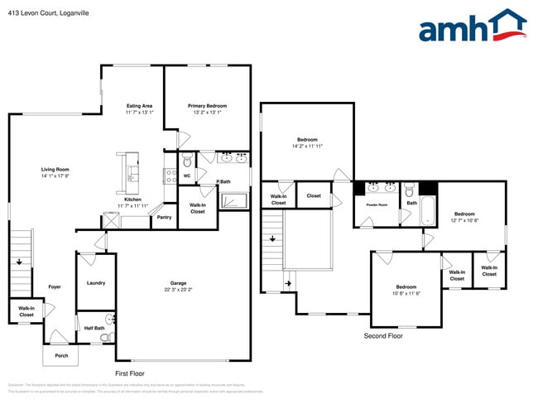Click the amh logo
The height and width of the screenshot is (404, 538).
pos(472,26)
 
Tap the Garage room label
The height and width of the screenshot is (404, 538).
pos(178,283)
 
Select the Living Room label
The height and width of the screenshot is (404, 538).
pos(55,169)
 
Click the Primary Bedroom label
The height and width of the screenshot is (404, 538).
pos(207,106)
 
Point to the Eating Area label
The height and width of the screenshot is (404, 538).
pos(138,106)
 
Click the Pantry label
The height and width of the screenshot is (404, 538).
pos(163,218)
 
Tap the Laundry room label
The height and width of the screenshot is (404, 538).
pos(96,283)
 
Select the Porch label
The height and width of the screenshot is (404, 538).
pos(61,355)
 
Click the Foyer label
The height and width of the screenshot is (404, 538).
pos(55,286)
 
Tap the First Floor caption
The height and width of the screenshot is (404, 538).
pos(132,374)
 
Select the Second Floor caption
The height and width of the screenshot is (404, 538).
pos(384,336)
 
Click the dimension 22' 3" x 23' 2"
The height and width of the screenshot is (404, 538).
pos(178,290)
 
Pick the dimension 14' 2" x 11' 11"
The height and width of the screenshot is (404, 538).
pos(307,146)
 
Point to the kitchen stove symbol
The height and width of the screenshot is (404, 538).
pos(170,176)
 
